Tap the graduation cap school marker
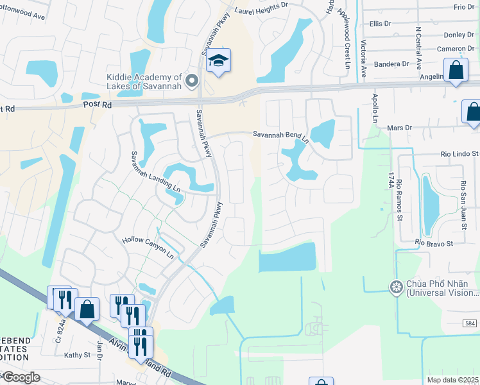click(218, 61)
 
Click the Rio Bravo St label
click(434, 244)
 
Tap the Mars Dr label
click(399, 128)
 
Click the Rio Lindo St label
click(459, 154)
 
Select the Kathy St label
click(78, 355)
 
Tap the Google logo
click(21, 377)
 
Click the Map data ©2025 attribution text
click(452, 380)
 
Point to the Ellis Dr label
click(380, 24)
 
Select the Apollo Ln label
click(375, 110)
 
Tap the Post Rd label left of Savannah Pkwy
click(98, 105)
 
